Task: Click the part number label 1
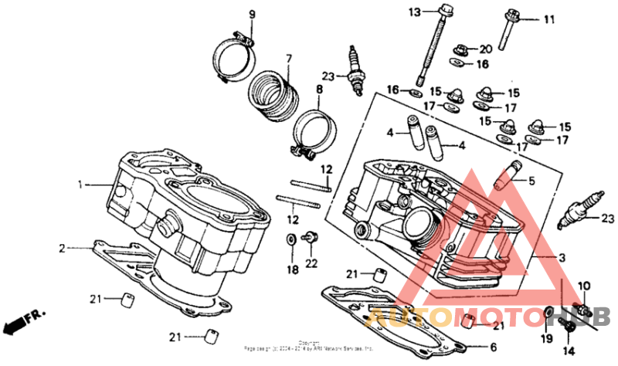point(79,185)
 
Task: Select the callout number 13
point(413,12)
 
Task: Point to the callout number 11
point(549,19)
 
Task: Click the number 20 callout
point(485,49)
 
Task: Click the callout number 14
point(569,350)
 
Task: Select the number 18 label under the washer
point(291,269)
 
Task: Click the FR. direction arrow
point(24,321)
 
